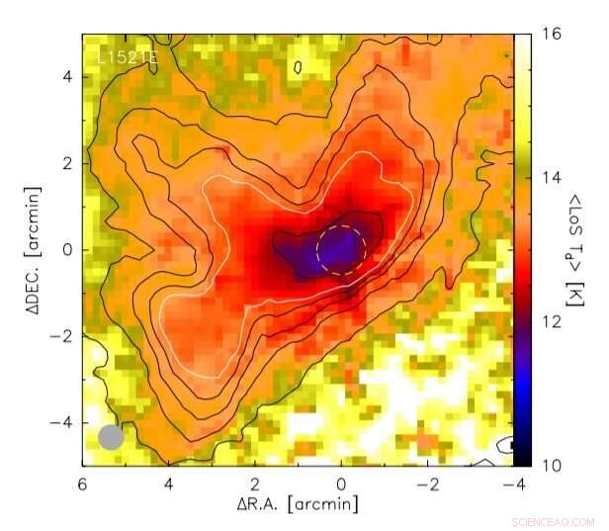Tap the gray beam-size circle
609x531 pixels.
click(x=112, y=437)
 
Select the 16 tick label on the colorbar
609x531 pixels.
click(x=554, y=35)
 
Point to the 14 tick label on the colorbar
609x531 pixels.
click(x=554, y=178)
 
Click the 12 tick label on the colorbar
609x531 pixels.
click(x=554, y=321)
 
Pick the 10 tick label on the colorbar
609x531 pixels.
click(x=554, y=465)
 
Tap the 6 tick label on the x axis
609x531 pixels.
click(x=83, y=484)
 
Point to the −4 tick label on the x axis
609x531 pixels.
click(x=510, y=484)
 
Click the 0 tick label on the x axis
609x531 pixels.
click(x=341, y=484)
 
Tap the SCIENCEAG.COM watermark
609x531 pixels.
click(x=554, y=521)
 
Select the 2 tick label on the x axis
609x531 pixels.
click(x=255, y=484)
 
